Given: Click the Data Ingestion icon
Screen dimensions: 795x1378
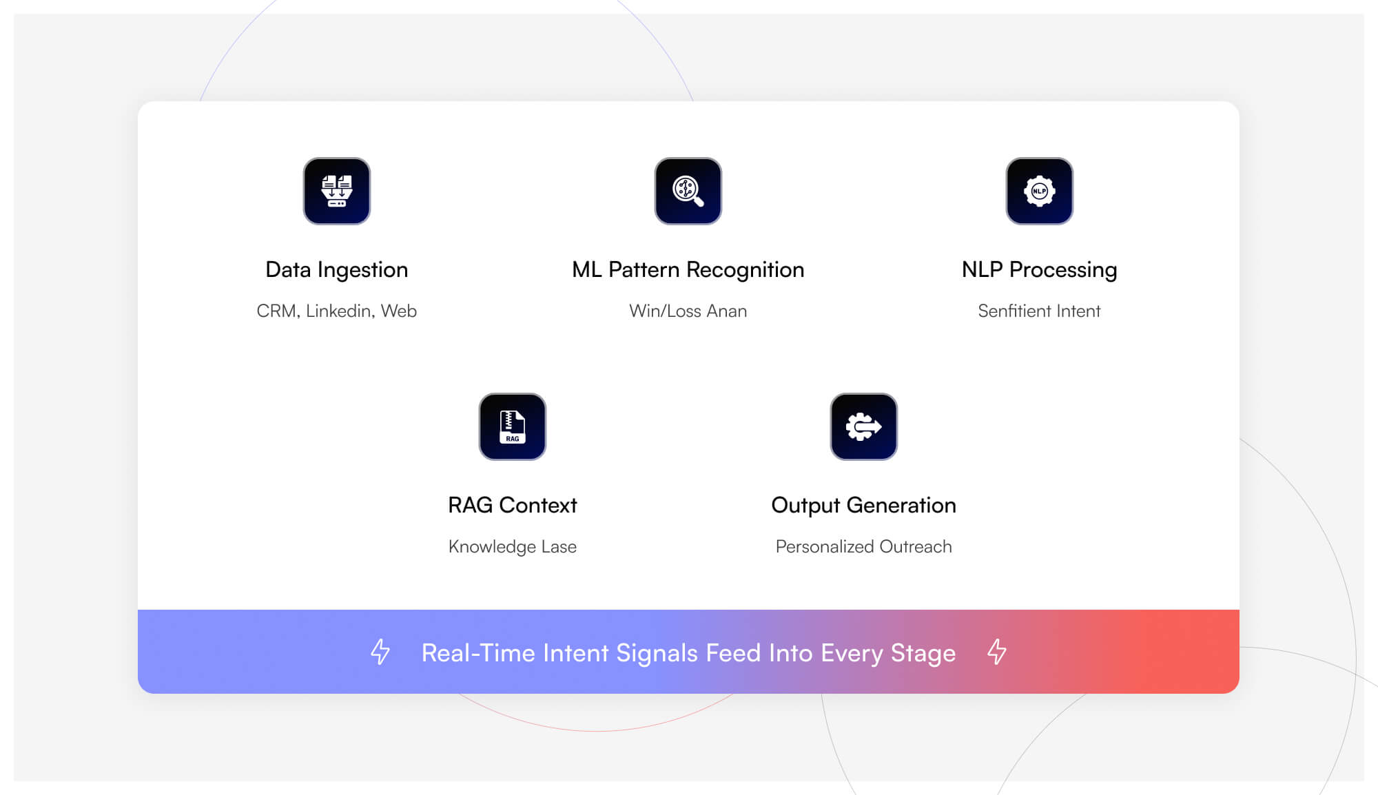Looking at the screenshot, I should click(337, 191).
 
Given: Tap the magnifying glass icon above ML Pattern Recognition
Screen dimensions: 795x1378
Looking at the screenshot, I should click(688, 191).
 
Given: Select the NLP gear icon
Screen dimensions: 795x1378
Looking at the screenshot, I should click(1039, 191).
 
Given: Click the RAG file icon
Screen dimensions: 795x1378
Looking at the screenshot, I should click(513, 426).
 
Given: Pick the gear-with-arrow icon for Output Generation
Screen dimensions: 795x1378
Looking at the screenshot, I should click(863, 426).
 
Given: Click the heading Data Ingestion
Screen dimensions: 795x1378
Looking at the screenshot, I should click(337, 269).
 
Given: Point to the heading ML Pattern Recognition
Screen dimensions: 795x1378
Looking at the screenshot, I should click(688, 269).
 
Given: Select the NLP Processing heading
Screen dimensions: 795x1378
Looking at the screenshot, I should click(1039, 269).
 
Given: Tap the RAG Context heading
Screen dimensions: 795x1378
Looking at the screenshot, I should click(513, 505).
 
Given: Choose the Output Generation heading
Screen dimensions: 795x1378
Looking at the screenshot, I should click(863, 505).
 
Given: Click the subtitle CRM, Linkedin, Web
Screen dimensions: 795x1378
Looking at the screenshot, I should click(337, 311).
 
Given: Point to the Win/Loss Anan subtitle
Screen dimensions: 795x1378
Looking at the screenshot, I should click(688, 311).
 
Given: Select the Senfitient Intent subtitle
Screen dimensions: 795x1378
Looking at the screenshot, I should click(1039, 311).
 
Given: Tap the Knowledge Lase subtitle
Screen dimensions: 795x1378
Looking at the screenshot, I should click(513, 546).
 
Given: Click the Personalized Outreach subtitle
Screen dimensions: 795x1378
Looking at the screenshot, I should click(863, 546).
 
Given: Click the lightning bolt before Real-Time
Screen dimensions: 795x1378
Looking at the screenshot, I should click(380, 652).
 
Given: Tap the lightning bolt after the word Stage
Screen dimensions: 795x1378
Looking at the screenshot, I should click(997, 652).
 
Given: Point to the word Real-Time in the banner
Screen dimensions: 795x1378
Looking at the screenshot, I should click(478, 653).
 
